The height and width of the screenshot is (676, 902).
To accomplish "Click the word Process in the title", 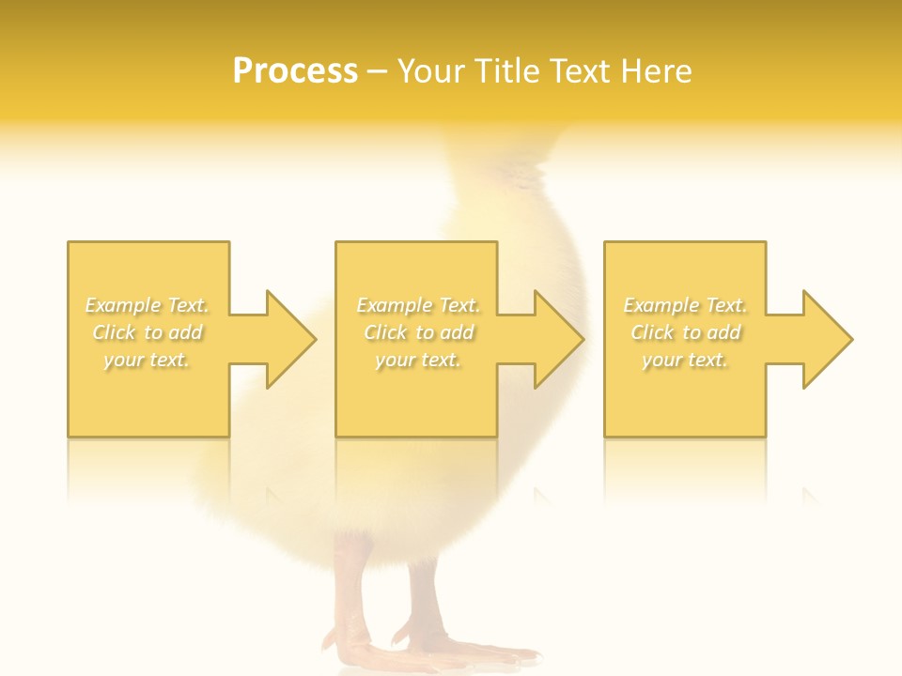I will click(295, 71).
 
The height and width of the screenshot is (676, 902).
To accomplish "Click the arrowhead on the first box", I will click(290, 339).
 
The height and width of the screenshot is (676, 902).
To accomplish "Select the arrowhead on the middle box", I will click(558, 339).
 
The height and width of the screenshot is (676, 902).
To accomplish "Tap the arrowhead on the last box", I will click(827, 339).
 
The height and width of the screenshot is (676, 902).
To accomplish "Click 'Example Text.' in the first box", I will click(148, 305).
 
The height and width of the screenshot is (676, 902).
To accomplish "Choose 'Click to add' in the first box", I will click(148, 332).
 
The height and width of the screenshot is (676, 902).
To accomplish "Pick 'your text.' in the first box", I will click(148, 360).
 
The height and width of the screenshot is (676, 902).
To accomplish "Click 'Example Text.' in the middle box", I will click(417, 305).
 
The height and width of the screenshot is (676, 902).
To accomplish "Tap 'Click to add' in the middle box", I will click(417, 332).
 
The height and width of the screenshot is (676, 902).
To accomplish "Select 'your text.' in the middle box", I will click(417, 360).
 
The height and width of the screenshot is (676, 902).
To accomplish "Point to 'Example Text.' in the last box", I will click(685, 305).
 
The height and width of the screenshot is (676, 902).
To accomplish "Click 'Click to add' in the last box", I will click(685, 332).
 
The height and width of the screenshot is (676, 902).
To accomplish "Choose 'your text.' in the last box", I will click(685, 360).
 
